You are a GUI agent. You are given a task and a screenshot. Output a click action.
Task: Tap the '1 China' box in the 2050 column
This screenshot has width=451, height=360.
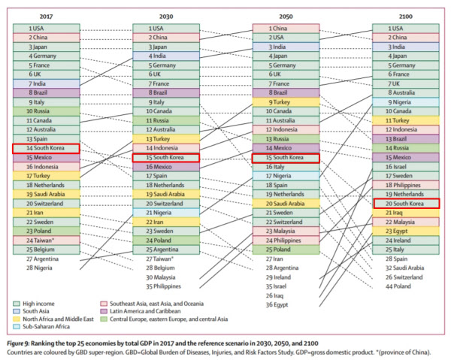(284, 29)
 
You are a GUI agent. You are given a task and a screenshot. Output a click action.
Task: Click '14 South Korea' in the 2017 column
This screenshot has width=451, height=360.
(46, 149)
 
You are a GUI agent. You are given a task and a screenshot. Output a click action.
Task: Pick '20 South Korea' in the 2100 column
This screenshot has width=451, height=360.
(405, 204)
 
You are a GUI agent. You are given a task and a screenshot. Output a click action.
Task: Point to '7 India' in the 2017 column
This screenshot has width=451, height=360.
(46, 83)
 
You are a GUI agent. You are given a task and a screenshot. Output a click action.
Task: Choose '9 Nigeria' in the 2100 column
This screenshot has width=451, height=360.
(405, 102)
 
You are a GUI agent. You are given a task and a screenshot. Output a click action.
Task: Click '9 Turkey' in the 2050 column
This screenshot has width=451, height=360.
(284, 102)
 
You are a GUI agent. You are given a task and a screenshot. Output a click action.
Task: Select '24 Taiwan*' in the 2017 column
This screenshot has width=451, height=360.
(46, 241)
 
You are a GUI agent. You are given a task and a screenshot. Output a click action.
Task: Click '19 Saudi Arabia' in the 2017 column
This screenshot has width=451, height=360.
(46, 195)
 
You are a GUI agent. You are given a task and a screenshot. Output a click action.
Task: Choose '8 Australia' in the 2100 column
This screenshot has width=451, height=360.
(405, 92)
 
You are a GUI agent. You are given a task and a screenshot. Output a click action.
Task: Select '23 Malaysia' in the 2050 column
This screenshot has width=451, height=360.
(284, 231)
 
